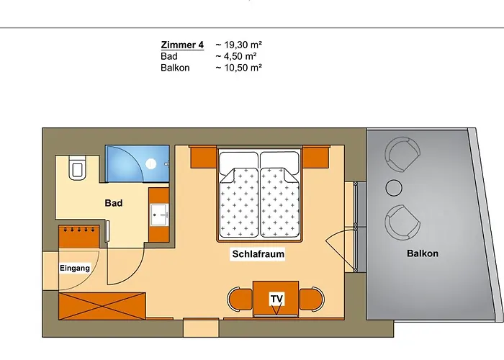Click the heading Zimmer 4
point(178,45)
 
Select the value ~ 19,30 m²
point(238,45)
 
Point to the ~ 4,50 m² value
point(235,56)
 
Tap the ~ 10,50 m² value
point(238,68)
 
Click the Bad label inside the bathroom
point(114,203)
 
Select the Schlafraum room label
point(258,254)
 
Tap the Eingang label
point(75,269)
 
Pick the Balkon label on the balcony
point(423,253)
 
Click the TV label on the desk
point(276,298)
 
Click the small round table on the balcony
point(394,187)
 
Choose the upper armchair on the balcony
point(402,153)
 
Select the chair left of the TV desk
point(239,300)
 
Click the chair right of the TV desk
point(310,300)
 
